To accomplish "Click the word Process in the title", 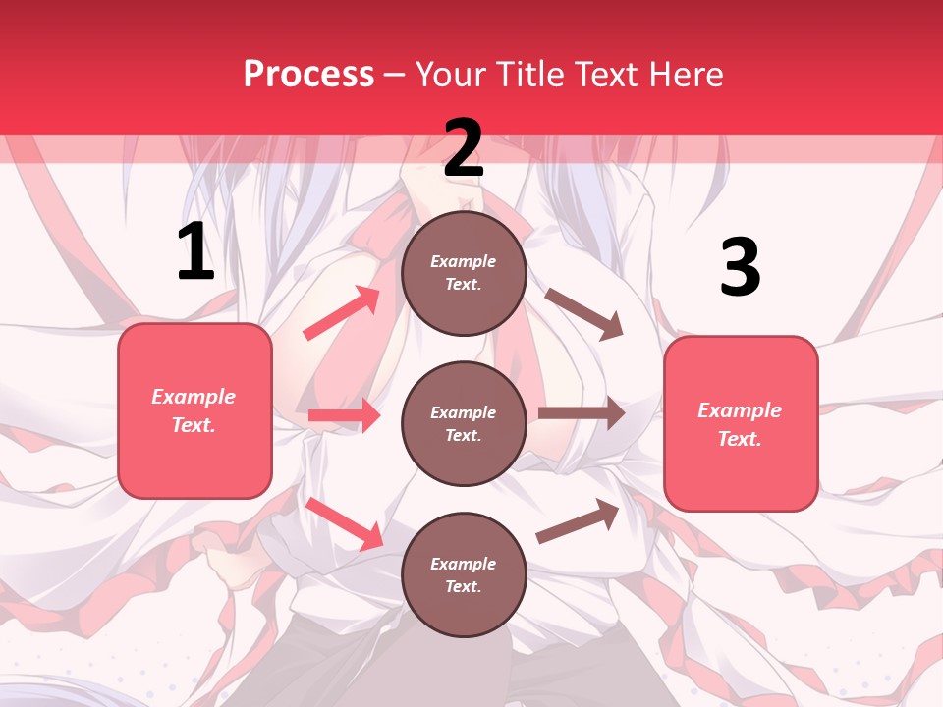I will coord(308,74).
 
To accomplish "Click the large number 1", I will coord(195,251).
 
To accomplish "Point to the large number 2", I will coord(464,148).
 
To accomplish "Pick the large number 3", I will coord(740,268).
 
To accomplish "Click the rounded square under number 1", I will coord(194,410).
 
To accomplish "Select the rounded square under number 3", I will coord(741,423).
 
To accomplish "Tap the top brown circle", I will coord(464,273).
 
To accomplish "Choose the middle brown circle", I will coord(464,423).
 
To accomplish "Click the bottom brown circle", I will coord(464,574).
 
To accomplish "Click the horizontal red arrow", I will coord(344,415).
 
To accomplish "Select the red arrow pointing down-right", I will coord(344,523).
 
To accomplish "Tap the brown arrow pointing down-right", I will coord(583,313).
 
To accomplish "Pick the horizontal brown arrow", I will coord(581,413).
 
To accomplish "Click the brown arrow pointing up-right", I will coord(578,521).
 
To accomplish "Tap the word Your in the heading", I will coord(449,74).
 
